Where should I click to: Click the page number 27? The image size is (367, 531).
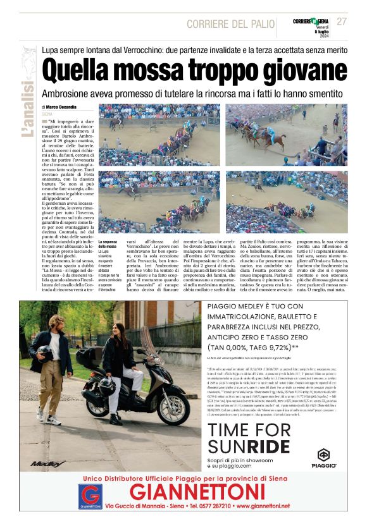pyautogui.click(x=342, y=21)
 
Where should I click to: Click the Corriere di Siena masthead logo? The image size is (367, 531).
pyautogui.click(x=311, y=21)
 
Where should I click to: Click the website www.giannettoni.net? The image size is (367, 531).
pyautogui.click(x=275, y=507)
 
